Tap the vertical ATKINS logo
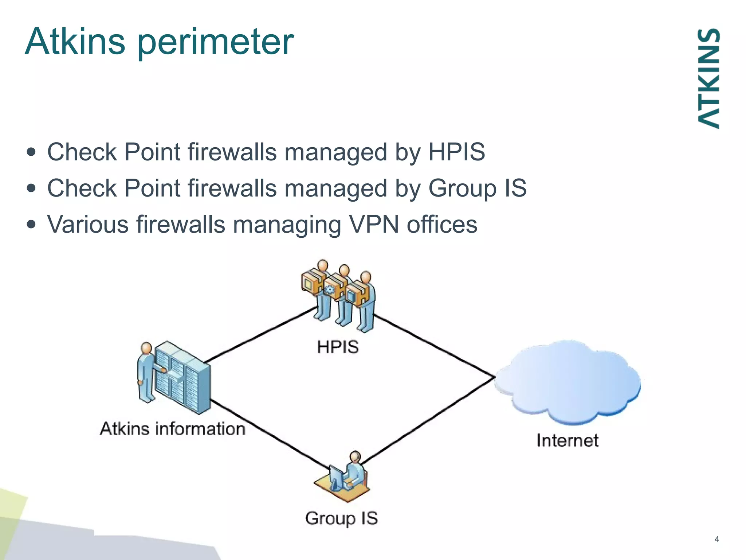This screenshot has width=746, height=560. tap(708, 78)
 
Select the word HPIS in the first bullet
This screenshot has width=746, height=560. tap(456, 152)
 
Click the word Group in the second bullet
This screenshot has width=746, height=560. tap(462, 188)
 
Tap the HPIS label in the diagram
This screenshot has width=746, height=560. tap(338, 347)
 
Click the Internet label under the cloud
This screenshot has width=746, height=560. tap(567, 440)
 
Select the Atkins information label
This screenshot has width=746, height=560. tap(173, 429)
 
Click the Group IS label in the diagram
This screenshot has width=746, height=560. tap(341, 518)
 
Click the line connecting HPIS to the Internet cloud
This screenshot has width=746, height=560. tap(433, 346)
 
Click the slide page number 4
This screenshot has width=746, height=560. tap(716, 539)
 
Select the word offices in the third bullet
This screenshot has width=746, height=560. tap(441, 224)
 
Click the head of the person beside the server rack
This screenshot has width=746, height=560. tap(146, 348)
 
